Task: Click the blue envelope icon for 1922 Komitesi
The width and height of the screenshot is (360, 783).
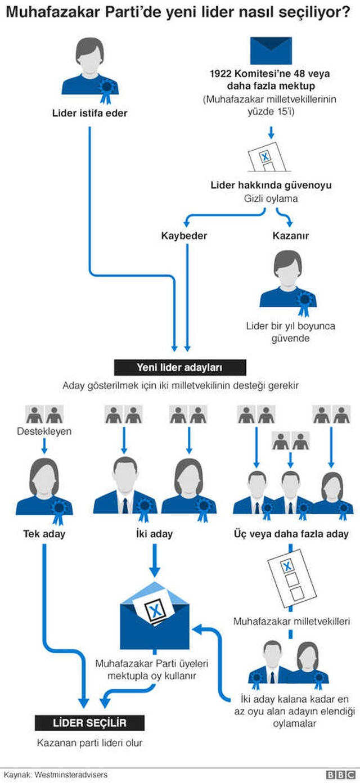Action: point(271,50)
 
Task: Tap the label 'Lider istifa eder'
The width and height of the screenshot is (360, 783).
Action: point(90,113)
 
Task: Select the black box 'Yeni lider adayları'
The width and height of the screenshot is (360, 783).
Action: point(180,367)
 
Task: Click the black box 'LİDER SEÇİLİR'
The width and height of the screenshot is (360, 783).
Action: point(89,723)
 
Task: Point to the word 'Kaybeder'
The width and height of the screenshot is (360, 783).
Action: point(184,236)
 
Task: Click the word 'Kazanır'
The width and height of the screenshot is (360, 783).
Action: point(291,236)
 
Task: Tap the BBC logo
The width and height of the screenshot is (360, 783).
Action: point(340,775)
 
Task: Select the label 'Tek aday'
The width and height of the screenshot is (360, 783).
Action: point(44,534)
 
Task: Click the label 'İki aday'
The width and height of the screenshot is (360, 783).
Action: point(155,534)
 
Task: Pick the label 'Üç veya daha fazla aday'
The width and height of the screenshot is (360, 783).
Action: point(291,534)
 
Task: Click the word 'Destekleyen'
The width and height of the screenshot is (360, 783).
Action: point(44,431)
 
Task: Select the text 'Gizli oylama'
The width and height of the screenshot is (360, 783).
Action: point(271,199)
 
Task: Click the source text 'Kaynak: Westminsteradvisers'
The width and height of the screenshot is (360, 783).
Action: point(56,775)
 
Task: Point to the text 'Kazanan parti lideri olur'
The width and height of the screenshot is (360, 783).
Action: point(90,743)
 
